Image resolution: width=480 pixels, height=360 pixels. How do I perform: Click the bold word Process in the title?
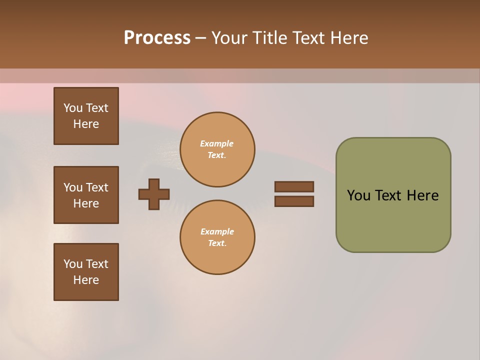(157, 38)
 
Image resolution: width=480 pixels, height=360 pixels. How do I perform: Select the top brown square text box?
(86, 116)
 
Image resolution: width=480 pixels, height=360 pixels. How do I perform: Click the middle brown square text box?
(86, 195)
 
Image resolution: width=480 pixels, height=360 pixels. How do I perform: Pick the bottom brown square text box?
(86, 272)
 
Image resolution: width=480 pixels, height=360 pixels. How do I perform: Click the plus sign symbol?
(154, 194)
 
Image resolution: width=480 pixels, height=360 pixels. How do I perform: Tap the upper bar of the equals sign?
(294, 186)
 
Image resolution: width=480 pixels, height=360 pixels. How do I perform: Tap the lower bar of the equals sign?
(294, 201)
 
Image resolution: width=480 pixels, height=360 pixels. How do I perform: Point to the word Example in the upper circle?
(217, 143)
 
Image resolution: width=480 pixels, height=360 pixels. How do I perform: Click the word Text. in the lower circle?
(217, 243)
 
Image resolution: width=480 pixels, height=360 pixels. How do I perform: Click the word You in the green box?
(358, 195)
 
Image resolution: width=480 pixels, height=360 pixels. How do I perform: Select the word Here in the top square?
(86, 124)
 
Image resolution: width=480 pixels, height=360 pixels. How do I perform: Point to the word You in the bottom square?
(73, 264)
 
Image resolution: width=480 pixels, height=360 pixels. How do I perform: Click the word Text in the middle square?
(96, 187)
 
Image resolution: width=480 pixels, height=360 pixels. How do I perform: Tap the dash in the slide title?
(200, 38)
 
